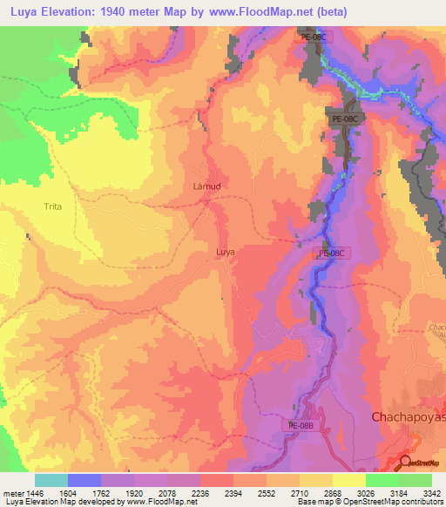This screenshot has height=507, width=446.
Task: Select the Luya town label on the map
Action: click(225, 252)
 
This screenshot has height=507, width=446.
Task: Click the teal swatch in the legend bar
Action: click(51, 479)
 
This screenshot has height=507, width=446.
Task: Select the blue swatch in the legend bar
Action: click(84, 479)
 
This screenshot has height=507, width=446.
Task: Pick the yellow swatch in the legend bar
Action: click(349, 479)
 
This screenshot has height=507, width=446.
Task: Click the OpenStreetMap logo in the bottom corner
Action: click(421, 463)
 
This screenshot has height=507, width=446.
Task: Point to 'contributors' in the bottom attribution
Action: click(420, 502)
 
